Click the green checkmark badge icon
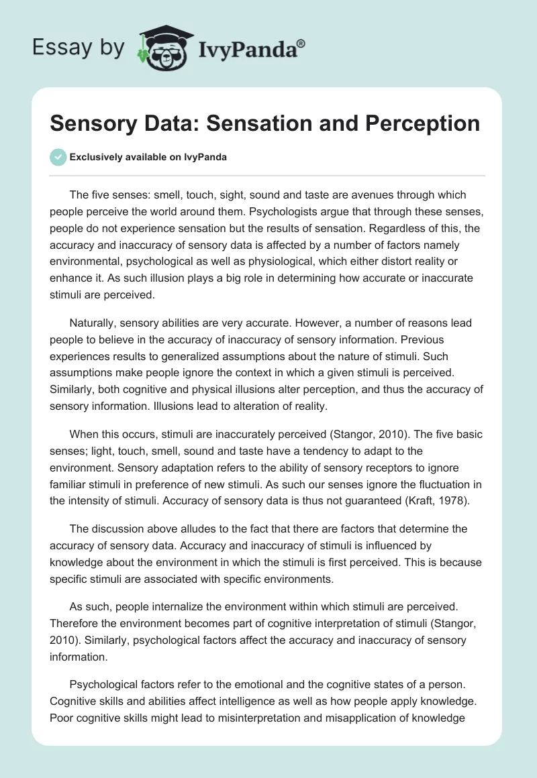(58, 157)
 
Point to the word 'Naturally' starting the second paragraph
(95, 323)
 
